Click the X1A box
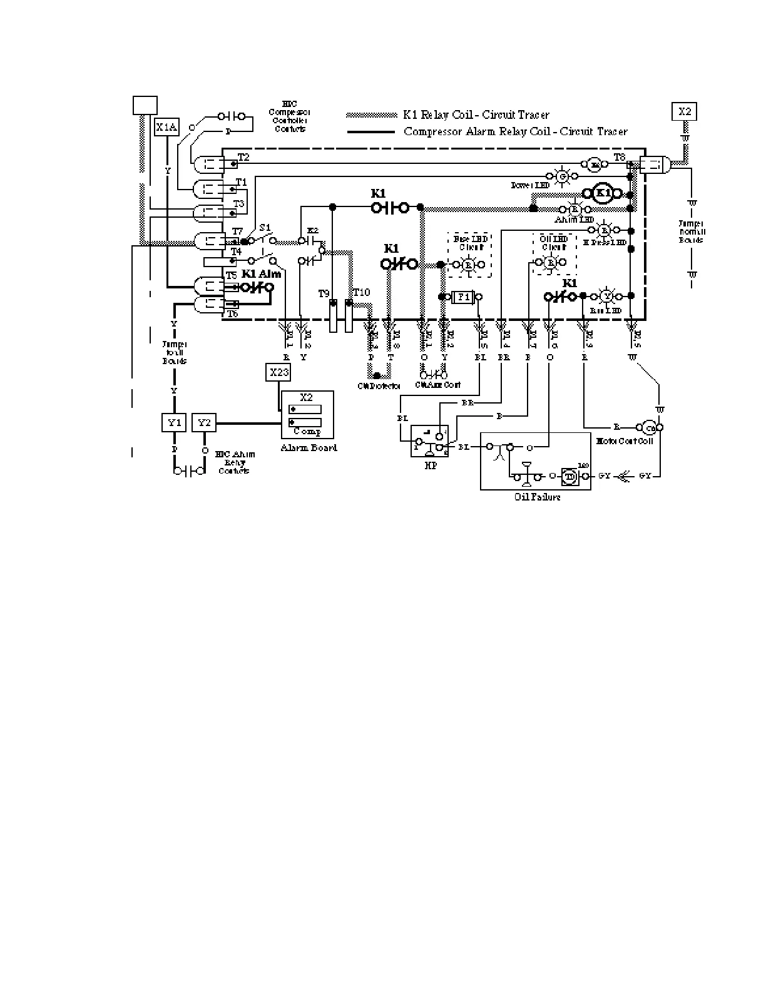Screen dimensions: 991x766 [x=166, y=128]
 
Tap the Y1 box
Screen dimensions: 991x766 [x=174, y=423]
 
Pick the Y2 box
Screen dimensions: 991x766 [x=204, y=423]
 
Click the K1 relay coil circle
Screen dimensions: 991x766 [x=602, y=193]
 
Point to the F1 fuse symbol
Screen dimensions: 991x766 [x=464, y=297]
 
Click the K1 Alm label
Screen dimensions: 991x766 [x=261, y=274]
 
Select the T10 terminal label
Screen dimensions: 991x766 [x=361, y=292]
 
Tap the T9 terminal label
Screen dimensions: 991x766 [x=324, y=293]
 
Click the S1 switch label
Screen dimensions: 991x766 [x=265, y=227]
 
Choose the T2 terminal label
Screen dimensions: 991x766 [x=243, y=157]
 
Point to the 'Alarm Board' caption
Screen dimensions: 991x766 [x=309, y=448]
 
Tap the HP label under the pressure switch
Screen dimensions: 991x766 [x=431, y=466]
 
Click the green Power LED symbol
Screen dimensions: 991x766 [x=562, y=176]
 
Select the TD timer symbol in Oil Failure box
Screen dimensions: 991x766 [x=570, y=475]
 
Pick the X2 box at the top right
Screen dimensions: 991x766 [x=685, y=111]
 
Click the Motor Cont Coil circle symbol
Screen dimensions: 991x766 [x=650, y=428]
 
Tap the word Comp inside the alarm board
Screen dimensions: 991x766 [x=307, y=432]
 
